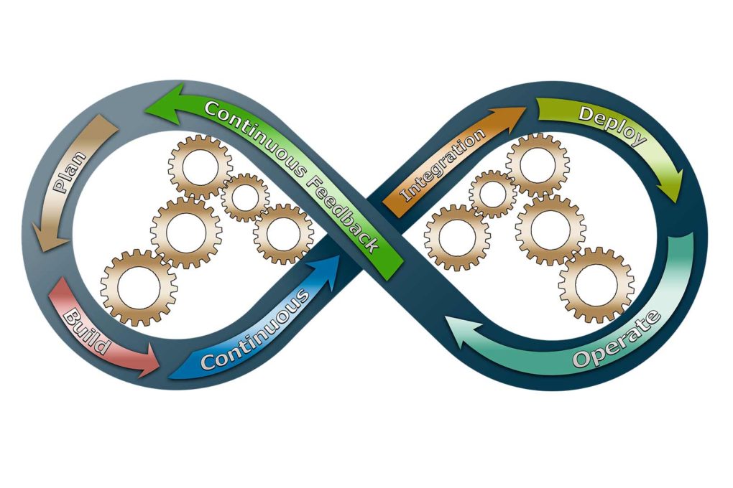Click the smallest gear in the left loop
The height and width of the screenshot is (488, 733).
(245, 197)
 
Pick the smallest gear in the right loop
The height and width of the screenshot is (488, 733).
(492, 194)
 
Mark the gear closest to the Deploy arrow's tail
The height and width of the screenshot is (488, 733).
(537, 166)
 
